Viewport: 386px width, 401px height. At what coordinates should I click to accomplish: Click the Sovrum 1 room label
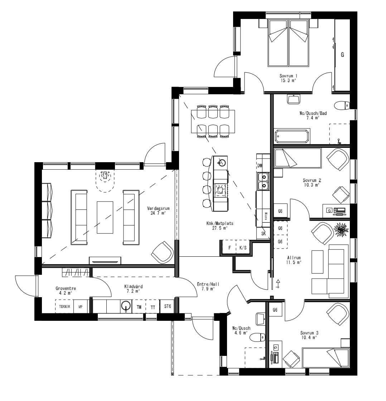tap(289, 76)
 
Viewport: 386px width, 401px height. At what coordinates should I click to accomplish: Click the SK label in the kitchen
tap(264, 233)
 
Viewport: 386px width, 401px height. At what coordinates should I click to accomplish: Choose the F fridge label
tap(229, 247)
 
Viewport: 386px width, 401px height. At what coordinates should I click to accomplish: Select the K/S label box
tap(243, 247)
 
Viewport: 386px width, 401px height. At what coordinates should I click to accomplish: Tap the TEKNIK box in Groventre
tap(64, 307)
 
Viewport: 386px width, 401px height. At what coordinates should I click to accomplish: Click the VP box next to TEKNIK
tap(81, 307)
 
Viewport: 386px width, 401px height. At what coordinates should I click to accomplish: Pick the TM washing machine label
tap(139, 307)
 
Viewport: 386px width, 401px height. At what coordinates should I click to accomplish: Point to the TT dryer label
tap(153, 307)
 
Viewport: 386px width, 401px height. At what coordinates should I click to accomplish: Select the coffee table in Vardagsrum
tap(105, 217)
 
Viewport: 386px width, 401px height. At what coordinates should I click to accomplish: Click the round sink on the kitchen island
tap(222, 163)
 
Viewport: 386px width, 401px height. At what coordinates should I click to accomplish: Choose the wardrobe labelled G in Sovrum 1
tap(342, 55)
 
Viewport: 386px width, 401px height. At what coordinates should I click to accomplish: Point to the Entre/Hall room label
tap(208, 284)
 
